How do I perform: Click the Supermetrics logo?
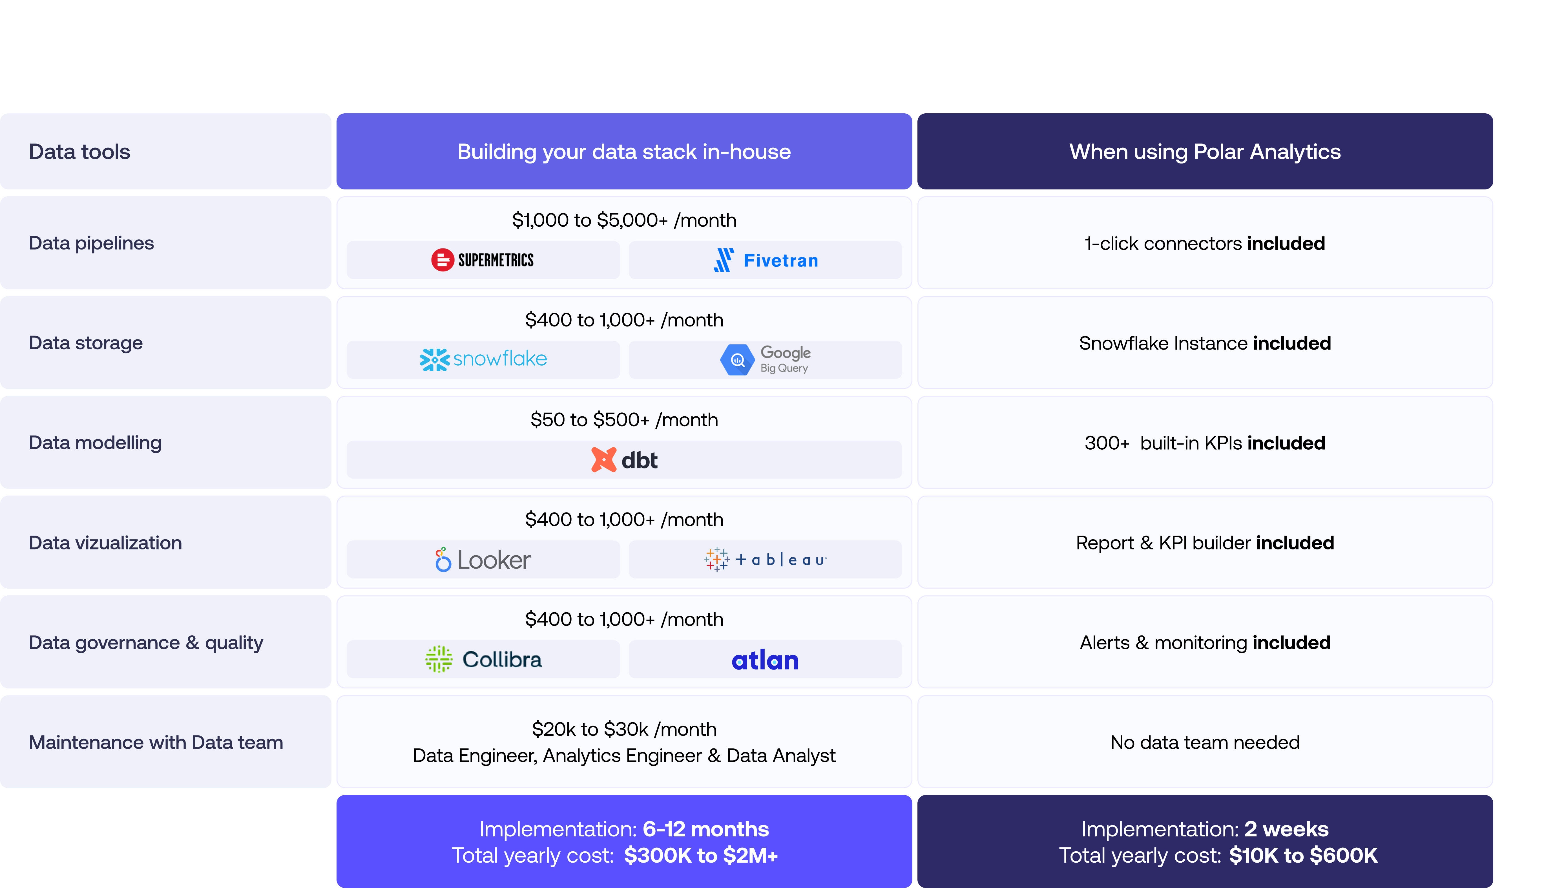coord(482,260)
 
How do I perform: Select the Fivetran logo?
coord(766,260)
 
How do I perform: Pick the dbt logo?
coord(624,460)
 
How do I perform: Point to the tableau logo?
coord(765,559)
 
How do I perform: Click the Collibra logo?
coord(483,659)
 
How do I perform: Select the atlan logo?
coord(765,660)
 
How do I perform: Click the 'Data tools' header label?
coord(79,151)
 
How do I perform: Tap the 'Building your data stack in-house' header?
coord(624,151)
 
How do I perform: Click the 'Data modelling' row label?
coord(95,443)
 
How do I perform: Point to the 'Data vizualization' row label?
coord(105,543)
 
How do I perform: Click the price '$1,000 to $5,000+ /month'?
coord(624,220)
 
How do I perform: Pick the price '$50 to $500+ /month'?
coord(624,419)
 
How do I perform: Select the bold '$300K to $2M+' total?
coord(701,856)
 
